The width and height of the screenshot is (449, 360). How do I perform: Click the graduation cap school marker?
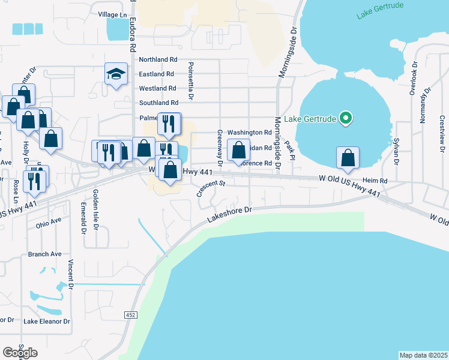point(116,74)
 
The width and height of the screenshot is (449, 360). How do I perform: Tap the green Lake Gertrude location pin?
point(345,118)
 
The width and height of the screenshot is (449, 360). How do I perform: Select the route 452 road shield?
point(130,314)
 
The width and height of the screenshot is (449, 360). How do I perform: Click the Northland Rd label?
point(158,60)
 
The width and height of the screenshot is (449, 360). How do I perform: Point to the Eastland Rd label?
point(156,74)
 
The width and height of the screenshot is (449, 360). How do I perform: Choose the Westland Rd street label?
point(157,89)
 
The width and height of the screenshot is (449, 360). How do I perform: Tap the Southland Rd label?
point(158,103)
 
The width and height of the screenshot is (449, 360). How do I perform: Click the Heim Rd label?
point(375,181)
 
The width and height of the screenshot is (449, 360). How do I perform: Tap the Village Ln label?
point(113,14)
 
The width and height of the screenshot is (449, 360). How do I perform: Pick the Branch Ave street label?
point(45,254)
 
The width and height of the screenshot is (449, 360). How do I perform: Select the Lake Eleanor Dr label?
point(47,322)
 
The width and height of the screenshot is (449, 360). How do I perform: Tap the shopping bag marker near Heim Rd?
point(348,158)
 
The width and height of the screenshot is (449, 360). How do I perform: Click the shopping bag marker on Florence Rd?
point(239,152)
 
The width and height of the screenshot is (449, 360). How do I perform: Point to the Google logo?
point(20,353)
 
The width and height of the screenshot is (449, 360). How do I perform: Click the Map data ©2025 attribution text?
point(423,355)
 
